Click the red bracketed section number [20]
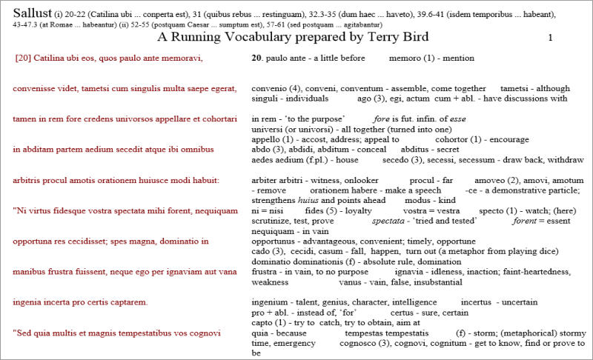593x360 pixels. pyautogui.click(x=22, y=57)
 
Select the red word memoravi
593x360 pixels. pyautogui.click(x=182, y=57)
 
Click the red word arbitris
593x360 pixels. pyautogui.click(x=28, y=179)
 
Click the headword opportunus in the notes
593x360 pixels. pyautogui.click(x=274, y=241)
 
